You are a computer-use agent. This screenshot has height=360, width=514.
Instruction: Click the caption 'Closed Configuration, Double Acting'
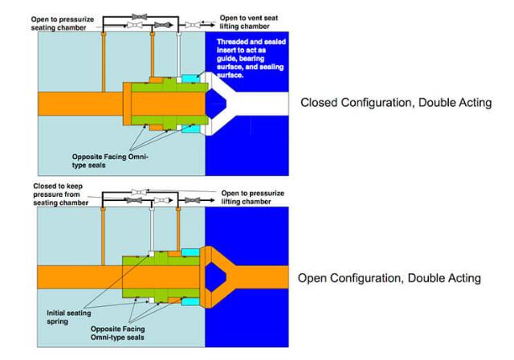395,103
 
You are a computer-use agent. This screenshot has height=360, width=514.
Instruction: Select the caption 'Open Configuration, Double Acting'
390,278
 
